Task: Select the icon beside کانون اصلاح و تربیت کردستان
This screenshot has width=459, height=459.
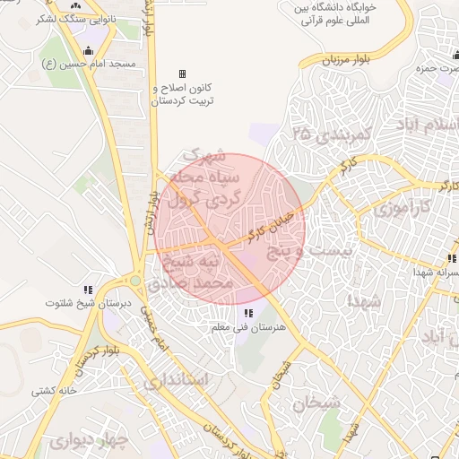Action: pyautogui.click(x=183, y=74)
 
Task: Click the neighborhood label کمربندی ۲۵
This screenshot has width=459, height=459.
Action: pyautogui.click(x=332, y=134)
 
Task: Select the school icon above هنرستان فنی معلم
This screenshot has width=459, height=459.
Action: pyautogui.click(x=247, y=312)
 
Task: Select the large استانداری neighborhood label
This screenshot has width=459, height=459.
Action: pyautogui.click(x=177, y=381)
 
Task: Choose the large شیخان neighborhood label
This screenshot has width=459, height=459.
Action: pyautogui.click(x=316, y=403)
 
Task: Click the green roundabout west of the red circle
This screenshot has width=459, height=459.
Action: pyautogui.click(x=135, y=281)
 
